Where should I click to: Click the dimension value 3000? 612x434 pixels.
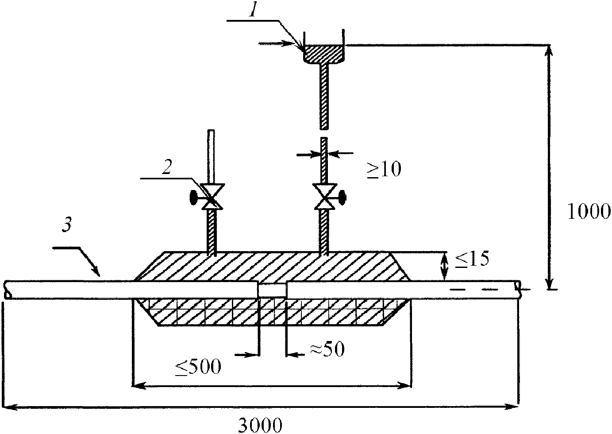260,425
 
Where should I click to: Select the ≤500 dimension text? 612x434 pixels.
198,367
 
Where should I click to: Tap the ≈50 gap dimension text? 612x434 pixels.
327,349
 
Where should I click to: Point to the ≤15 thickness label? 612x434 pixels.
472,259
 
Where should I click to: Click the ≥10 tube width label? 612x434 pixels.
384,169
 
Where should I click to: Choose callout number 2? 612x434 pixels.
167,167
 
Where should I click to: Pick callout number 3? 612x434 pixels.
67,226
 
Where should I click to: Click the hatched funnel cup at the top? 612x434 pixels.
323,54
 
